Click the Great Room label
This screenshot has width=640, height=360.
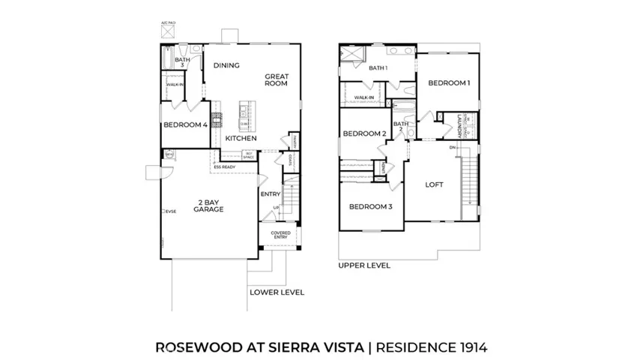pyautogui.click(x=276, y=79)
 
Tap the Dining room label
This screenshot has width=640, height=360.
pyautogui.click(x=226, y=65)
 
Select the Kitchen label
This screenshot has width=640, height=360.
pyautogui.click(x=241, y=139)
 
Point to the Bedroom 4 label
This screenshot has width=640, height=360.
pyautogui.click(x=184, y=125)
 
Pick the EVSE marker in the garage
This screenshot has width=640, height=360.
pyautogui.click(x=170, y=211)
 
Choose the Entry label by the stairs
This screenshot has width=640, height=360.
pyautogui.click(x=270, y=194)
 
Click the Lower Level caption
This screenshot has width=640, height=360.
pyautogui.click(x=277, y=292)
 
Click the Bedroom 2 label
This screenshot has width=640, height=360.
pyautogui.click(x=364, y=134)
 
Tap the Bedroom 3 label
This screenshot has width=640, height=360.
pyautogui.click(x=369, y=206)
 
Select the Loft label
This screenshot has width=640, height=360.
pyautogui.click(x=435, y=184)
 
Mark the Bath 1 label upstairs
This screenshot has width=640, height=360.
pyautogui.click(x=378, y=68)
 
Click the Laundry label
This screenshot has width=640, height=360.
pyautogui.click(x=459, y=125)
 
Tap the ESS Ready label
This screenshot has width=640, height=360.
pyautogui.click(x=224, y=167)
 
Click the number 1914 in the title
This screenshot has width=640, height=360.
pyautogui.click(x=471, y=347)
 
